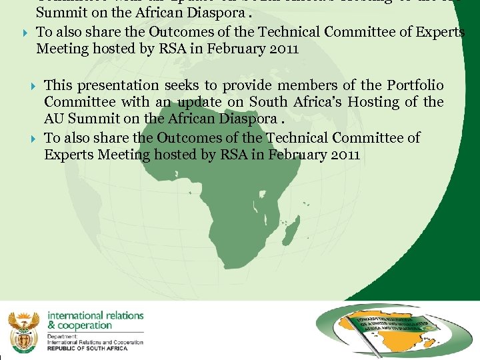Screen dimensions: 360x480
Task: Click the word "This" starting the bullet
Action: (58, 85)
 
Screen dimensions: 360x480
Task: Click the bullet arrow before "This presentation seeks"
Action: (33, 86)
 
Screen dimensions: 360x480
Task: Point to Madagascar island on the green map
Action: (291, 232)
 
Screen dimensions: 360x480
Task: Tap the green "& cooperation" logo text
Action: (79, 325)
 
